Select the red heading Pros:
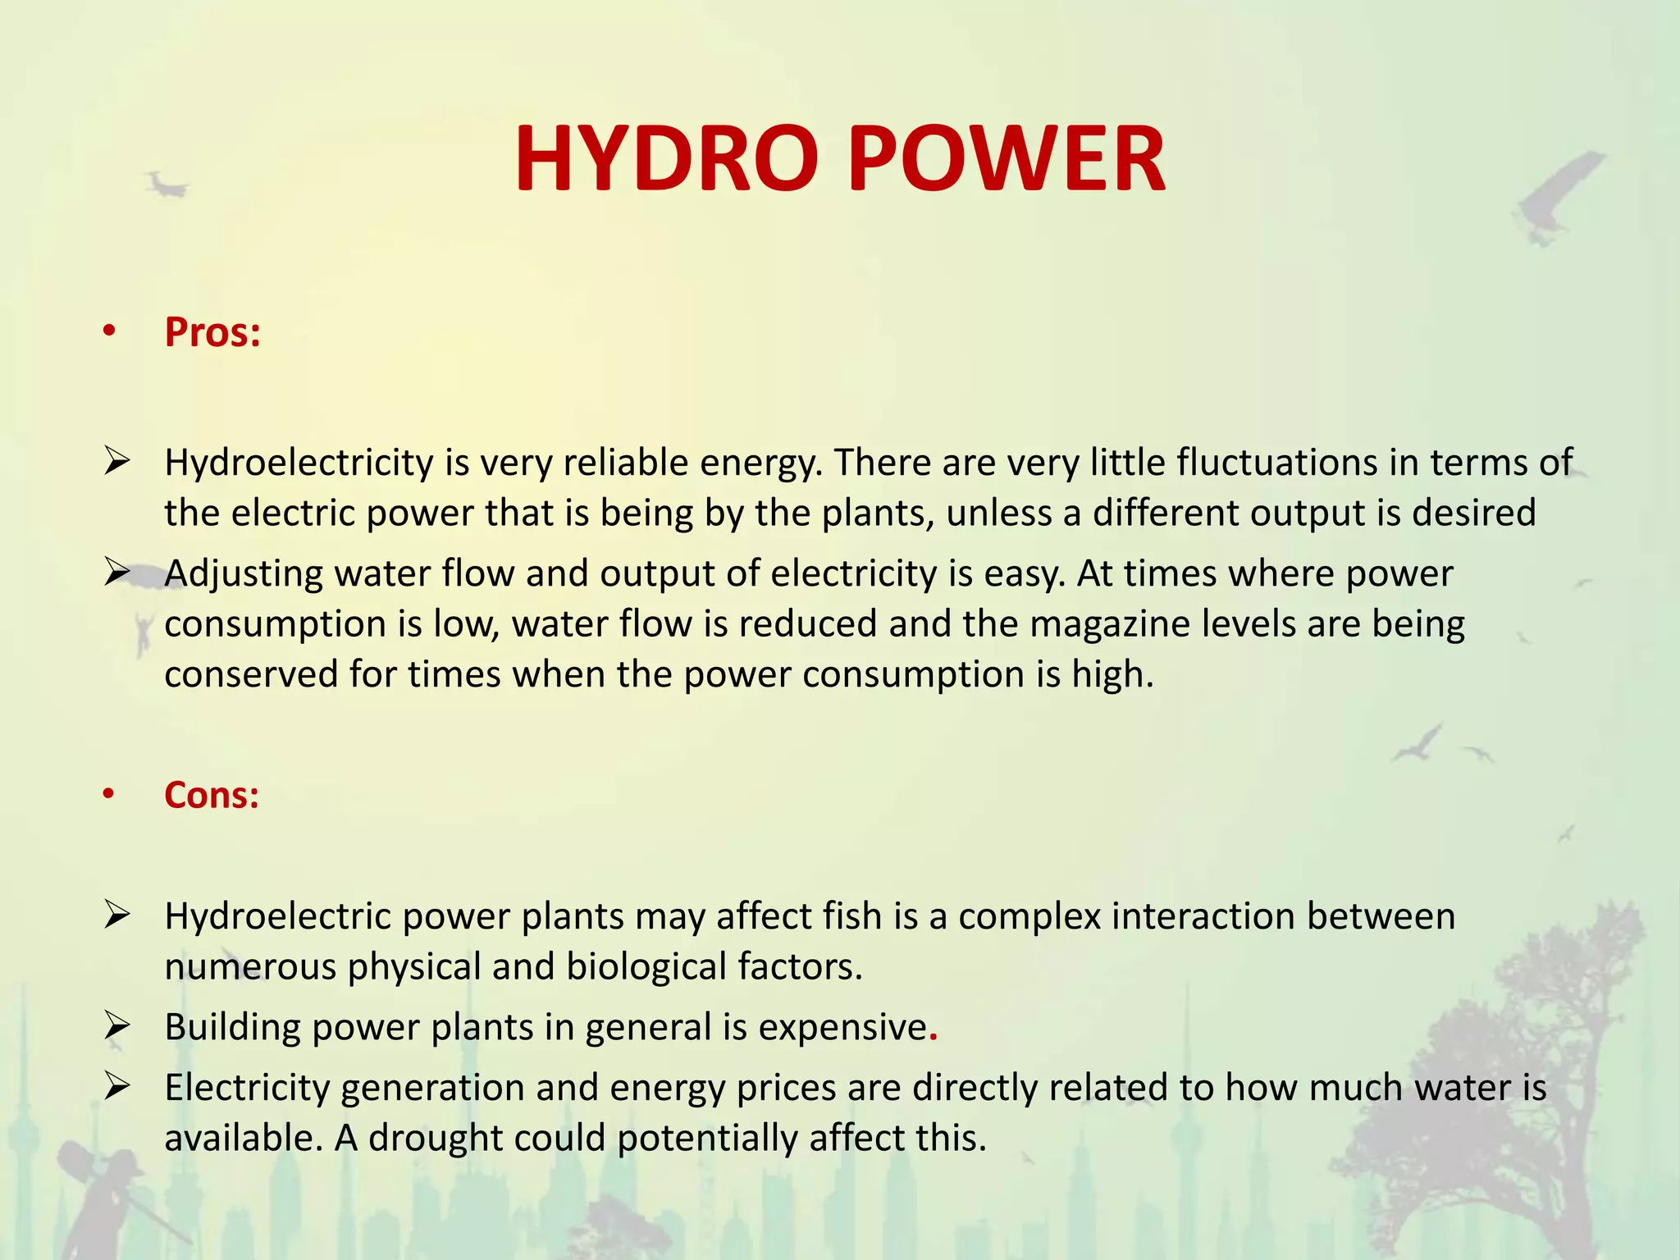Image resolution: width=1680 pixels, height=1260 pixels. (212, 333)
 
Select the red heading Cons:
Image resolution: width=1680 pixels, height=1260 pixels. (212, 795)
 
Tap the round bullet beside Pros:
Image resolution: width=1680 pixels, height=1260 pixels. (109, 332)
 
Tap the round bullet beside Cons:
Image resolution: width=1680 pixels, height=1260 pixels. (109, 794)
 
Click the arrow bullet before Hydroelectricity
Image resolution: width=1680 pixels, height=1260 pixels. (117, 462)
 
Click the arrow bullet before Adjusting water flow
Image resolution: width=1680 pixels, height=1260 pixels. (117, 572)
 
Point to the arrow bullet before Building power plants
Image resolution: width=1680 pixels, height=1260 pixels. (117, 1026)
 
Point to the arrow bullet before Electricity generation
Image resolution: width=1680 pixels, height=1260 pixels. (117, 1087)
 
